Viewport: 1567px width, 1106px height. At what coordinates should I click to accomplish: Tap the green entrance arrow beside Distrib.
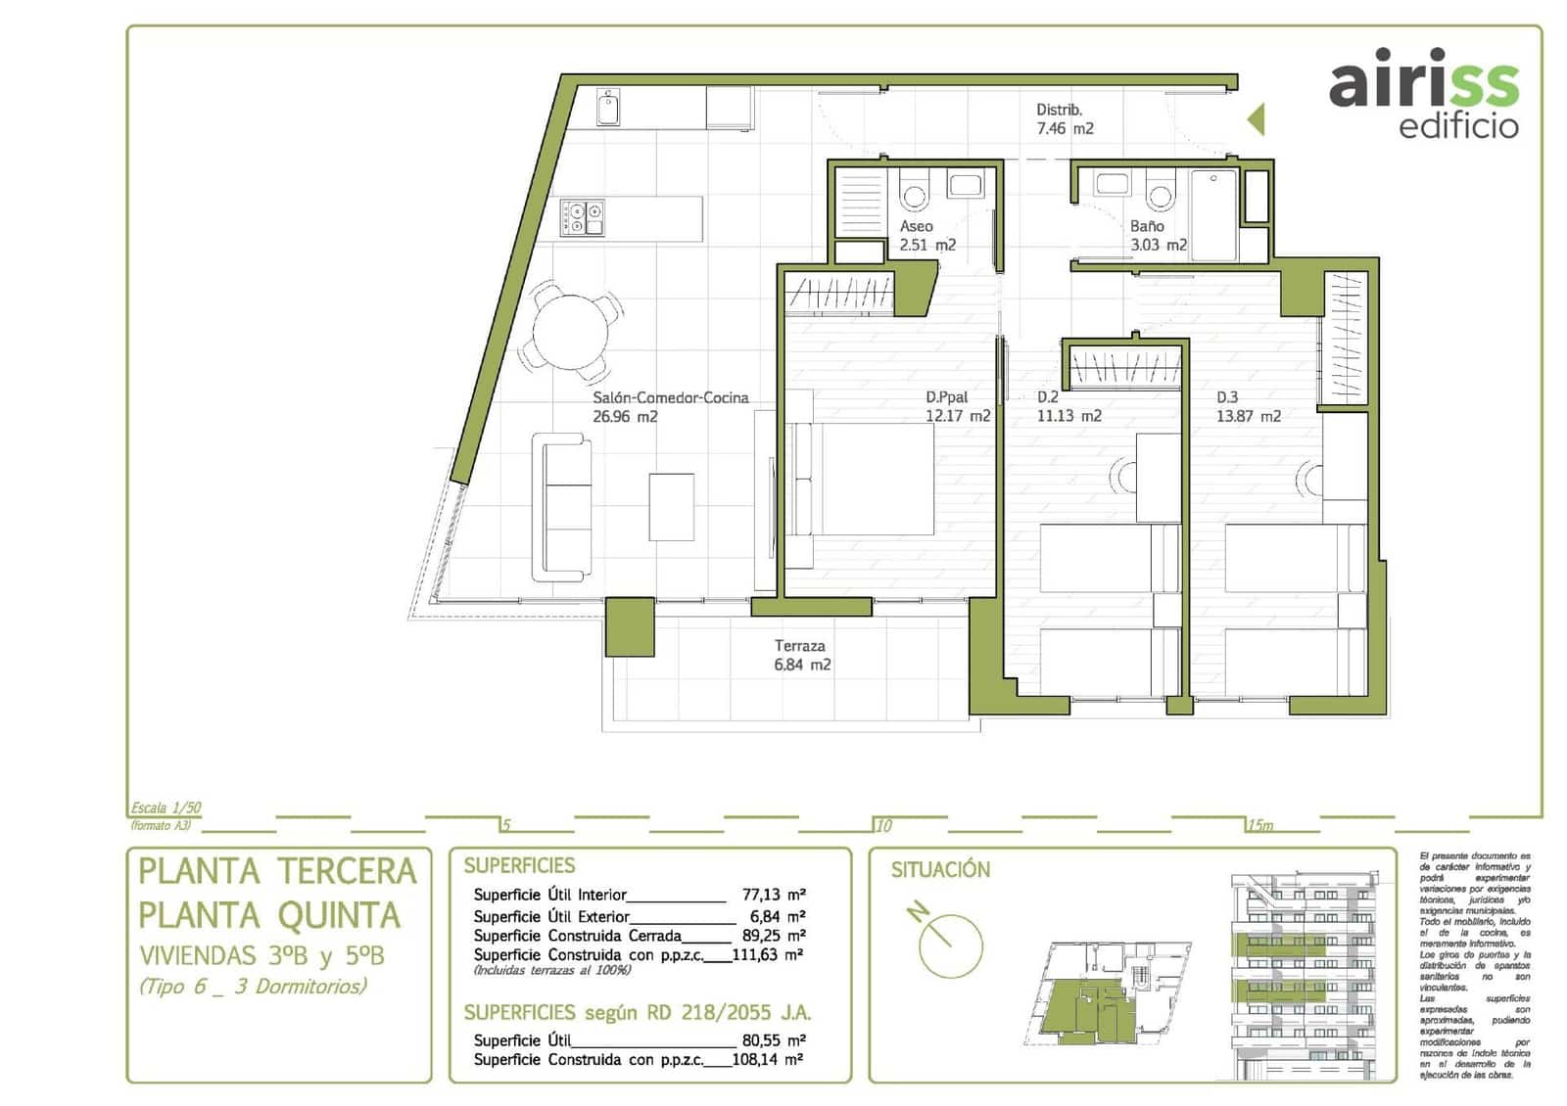coord(1256,119)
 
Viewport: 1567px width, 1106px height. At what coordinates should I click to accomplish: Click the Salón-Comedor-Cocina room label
coord(670,406)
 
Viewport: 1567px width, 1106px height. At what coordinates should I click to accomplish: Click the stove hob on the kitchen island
coord(582,218)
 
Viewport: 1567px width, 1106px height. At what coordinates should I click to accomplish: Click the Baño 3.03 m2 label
coord(1158,235)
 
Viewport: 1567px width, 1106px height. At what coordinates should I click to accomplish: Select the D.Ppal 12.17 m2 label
coord(957,406)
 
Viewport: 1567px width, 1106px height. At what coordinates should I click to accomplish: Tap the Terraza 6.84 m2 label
coord(801,655)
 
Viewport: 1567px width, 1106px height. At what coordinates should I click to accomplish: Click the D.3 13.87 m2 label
coord(1248,406)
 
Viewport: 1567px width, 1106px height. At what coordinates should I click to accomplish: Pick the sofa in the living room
coord(562,507)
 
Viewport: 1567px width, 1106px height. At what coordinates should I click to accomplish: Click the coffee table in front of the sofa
coord(671,506)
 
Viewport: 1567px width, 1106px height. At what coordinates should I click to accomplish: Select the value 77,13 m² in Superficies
coord(773,895)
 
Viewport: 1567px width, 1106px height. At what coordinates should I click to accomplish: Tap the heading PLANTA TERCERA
coord(278,871)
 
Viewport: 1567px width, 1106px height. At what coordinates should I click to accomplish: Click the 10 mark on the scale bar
coord(883,825)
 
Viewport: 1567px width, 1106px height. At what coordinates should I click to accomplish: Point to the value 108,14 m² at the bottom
coord(768,1059)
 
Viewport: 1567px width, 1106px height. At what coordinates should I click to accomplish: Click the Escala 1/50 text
coord(166,808)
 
